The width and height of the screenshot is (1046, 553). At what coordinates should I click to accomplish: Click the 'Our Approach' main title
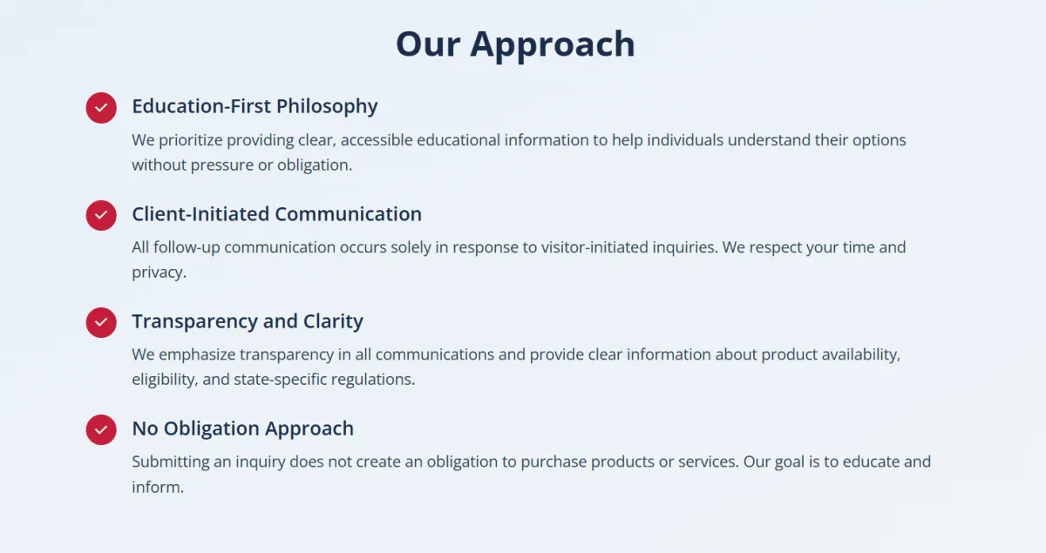(x=515, y=44)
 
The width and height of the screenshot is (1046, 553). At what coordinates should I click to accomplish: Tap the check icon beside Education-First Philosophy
(x=101, y=108)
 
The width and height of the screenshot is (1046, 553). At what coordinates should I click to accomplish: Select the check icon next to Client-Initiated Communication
(x=101, y=215)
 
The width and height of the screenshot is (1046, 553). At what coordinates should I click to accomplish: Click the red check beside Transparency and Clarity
(x=101, y=322)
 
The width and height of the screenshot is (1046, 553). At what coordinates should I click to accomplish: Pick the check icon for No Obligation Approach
(x=101, y=430)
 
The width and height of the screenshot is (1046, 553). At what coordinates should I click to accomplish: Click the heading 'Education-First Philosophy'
(x=255, y=106)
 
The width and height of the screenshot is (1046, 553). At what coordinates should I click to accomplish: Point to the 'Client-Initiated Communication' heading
(x=276, y=214)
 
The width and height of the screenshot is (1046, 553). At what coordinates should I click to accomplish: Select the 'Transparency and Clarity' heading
(x=247, y=321)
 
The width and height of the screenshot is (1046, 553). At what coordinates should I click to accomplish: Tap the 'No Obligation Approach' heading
(x=242, y=428)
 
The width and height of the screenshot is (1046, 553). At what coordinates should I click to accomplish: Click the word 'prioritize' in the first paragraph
(x=191, y=140)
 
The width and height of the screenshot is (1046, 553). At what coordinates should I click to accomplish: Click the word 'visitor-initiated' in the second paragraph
(x=594, y=246)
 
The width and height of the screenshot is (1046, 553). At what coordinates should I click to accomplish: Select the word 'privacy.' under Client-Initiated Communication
(x=159, y=273)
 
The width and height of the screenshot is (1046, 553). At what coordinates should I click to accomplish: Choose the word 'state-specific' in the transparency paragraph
(x=280, y=380)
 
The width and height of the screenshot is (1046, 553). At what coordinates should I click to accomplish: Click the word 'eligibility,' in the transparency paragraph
(x=165, y=380)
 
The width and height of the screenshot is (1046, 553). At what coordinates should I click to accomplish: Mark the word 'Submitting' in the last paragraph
(x=171, y=462)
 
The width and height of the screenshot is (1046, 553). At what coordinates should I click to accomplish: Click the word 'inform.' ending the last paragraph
(x=158, y=487)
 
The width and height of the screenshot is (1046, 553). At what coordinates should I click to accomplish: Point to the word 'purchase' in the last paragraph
(x=554, y=462)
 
